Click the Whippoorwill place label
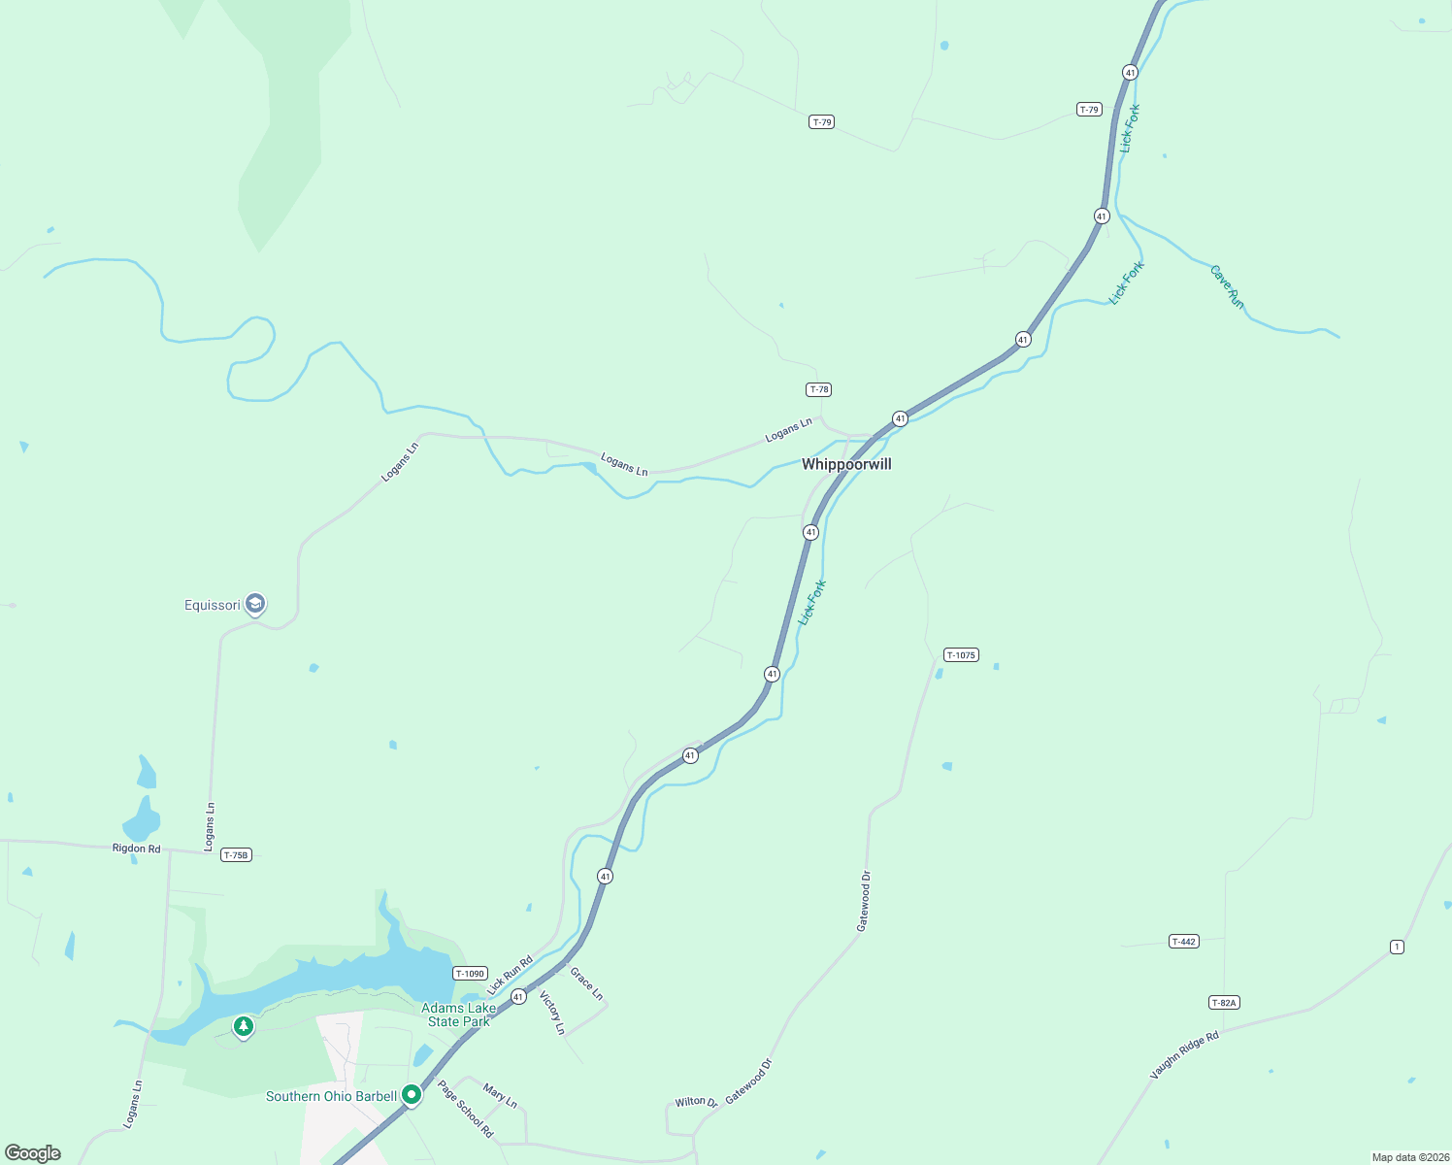point(846,464)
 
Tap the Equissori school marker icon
point(255,605)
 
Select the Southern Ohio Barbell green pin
point(412,1095)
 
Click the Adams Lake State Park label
point(459,1015)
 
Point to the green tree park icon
point(243,1025)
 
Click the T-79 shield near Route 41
point(1089,110)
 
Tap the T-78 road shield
point(818,389)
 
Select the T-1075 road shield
point(960,655)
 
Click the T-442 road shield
point(1183,941)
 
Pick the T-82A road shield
point(1224,1002)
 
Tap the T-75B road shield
point(236,855)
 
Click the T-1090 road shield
point(469,974)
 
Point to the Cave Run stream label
point(1227,286)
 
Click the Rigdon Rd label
point(137,849)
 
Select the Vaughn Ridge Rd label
point(1184,1055)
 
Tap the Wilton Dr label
point(696,1102)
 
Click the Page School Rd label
point(466,1109)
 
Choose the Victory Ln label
point(551,1013)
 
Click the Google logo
point(32,1153)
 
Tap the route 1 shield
point(1397,947)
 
